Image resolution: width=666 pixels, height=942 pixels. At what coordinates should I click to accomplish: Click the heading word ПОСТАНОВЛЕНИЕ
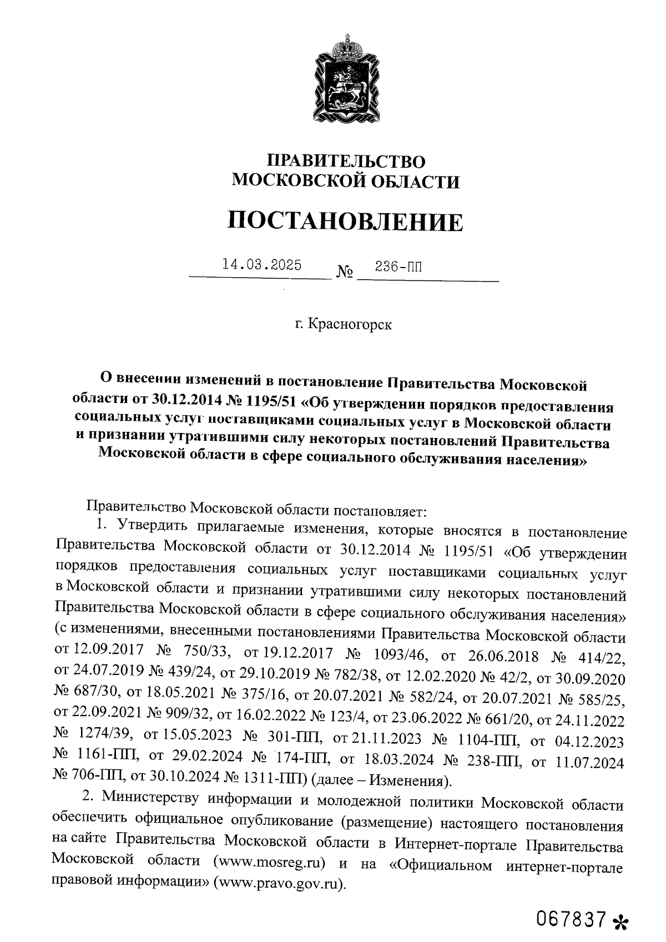345,221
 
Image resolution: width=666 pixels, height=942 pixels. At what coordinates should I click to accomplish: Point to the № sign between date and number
345,273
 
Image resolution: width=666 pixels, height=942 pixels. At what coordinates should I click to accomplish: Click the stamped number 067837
571,919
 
